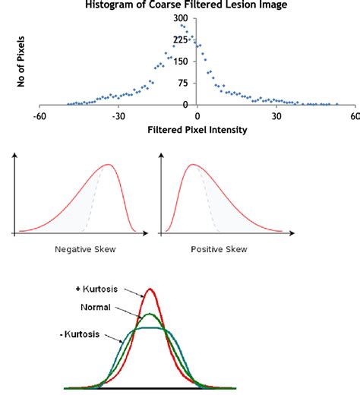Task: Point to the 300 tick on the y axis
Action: [181, 18]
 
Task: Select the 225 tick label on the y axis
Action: [180, 40]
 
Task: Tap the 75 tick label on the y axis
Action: [183, 84]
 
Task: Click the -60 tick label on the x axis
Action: [39, 117]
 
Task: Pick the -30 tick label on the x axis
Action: [118, 117]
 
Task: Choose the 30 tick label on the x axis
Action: [276, 117]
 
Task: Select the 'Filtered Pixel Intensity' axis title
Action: [197, 129]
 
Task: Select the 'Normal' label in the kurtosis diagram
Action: [94, 308]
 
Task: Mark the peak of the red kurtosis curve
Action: [150, 289]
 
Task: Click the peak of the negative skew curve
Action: [109, 165]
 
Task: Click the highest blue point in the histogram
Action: [182, 25]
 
